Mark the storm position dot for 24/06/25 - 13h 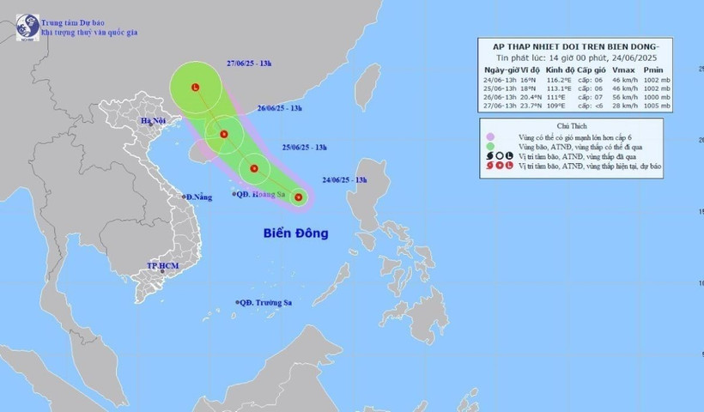[x=299, y=198]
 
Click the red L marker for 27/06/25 [x=196, y=88]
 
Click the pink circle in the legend [x=489, y=136]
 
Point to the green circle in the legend [x=489, y=146]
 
